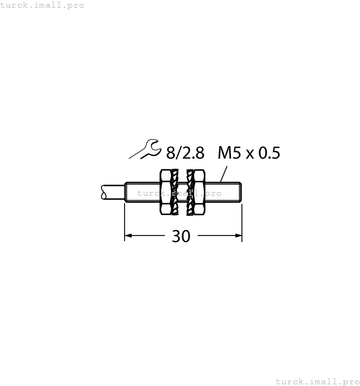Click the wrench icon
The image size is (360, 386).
tap(144, 149)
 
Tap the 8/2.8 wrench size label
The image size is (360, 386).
tap(185, 152)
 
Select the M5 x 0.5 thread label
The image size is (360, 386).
tap(249, 152)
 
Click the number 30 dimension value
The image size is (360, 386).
tap(181, 236)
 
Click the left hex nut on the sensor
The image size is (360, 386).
tap(164, 192)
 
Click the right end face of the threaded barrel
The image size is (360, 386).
tap(241, 192)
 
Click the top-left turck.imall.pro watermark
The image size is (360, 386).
tap(42, 5)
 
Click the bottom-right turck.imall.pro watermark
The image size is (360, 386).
tap(317, 381)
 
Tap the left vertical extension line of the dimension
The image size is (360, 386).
tap(125, 221)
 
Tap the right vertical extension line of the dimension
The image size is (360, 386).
tap(242, 221)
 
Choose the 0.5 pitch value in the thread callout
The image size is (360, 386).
tap(268, 152)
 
